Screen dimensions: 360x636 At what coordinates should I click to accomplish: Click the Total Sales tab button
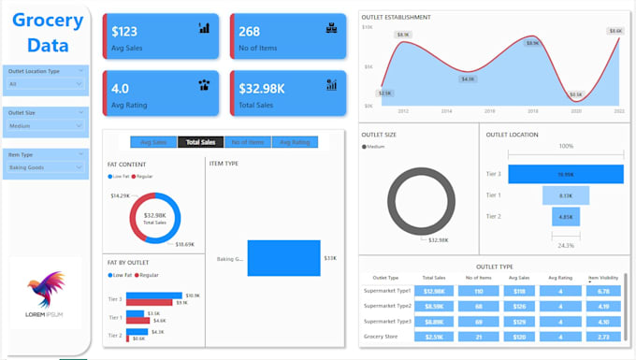coord(201,142)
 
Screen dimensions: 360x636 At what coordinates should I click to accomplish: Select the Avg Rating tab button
coord(296,142)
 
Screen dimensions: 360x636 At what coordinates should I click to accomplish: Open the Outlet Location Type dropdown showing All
coord(46,83)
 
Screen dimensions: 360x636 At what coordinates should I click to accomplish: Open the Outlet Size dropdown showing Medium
coord(46,125)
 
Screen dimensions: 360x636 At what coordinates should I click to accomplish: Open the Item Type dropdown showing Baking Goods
coord(46,167)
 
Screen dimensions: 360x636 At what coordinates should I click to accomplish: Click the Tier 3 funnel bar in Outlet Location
coord(566,174)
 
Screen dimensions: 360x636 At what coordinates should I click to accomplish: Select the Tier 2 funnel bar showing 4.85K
coord(566,216)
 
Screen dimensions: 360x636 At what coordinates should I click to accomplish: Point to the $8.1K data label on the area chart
coord(403,35)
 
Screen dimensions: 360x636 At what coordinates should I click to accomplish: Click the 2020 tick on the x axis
coord(575,110)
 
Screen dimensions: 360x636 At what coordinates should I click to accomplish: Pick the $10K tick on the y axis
coord(369,27)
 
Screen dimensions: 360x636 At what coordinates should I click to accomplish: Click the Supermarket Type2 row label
coord(387,306)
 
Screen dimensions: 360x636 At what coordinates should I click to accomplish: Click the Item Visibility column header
coord(603,278)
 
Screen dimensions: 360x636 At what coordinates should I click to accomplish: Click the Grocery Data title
coord(47,33)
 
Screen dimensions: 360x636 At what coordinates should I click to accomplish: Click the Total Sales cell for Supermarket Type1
coord(434,291)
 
